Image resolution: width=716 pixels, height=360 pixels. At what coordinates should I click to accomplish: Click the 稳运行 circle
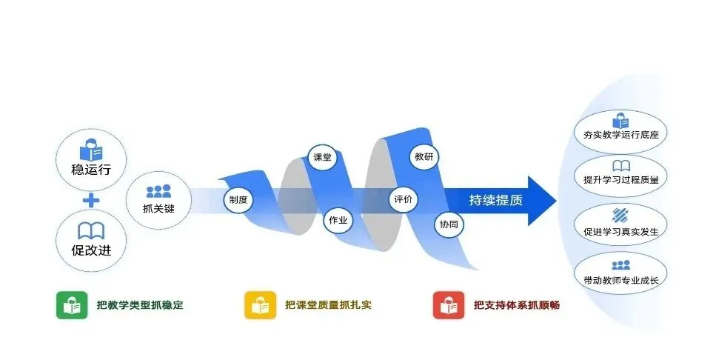pyautogui.click(x=92, y=159)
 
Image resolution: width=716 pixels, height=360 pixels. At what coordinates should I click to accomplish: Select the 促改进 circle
pyautogui.click(x=92, y=240)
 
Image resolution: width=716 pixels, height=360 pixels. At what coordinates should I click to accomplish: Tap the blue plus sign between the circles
pyautogui.click(x=92, y=200)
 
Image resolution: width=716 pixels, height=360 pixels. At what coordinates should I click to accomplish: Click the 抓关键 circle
pyautogui.click(x=158, y=199)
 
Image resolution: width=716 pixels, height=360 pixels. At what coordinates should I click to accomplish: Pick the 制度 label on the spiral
pyautogui.click(x=238, y=200)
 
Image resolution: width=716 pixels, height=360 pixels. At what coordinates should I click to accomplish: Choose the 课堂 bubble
pyautogui.click(x=322, y=158)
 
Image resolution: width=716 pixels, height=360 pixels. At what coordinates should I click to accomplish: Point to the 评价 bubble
pyautogui.click(x=404, y=199)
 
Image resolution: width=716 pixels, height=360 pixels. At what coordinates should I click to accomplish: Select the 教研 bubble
pyautogui.click(x=424, y=157)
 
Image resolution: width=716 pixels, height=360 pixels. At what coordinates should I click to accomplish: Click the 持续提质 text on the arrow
pyautogui.click(x=495, y=200)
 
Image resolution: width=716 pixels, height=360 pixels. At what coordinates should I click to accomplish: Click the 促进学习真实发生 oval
pyautogui.click(x=620, y=223)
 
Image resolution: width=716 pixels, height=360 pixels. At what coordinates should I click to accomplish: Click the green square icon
pyautogui.click(x=72, y=305)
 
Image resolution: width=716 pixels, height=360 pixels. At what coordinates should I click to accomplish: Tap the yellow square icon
pyautogui.click(x=261, y=305)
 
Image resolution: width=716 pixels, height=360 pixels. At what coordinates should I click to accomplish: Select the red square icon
pyautogui.click(x=449, y=305)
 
